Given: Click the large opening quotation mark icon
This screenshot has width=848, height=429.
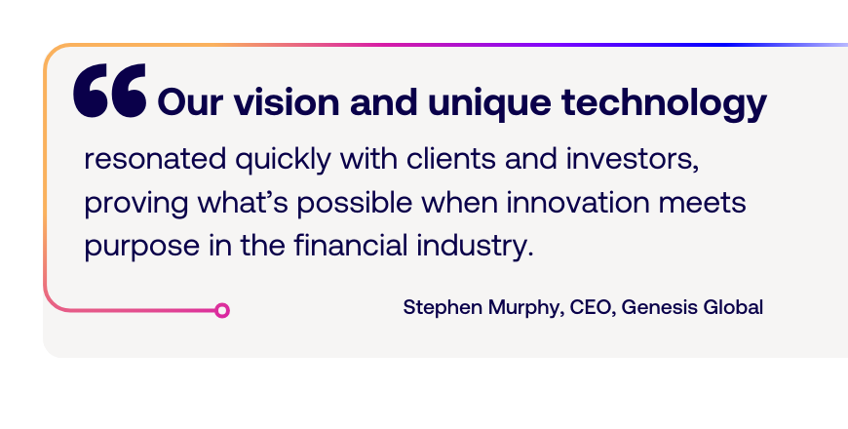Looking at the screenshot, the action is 110,91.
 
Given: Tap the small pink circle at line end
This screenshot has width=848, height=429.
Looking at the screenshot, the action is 221,310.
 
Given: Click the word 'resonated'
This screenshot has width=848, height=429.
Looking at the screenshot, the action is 155,159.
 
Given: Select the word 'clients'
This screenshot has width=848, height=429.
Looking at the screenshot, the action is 451,159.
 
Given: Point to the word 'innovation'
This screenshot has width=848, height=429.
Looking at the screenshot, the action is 578,203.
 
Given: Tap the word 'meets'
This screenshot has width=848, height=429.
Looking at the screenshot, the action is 703,204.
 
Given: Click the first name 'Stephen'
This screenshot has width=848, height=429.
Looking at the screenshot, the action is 443,308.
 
